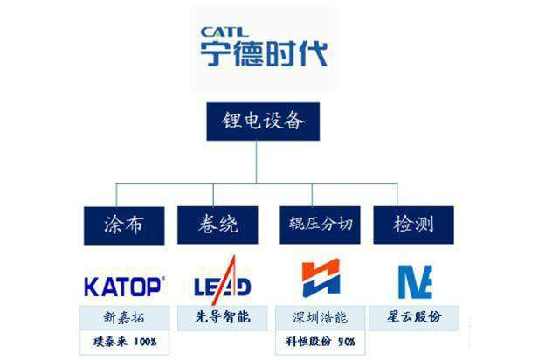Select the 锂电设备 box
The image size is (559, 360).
pos(263,122)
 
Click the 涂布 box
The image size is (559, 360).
pos(123,225)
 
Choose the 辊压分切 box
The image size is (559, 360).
pos(321,225)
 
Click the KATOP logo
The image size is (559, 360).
pos(124,285)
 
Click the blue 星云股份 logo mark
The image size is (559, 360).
pos(415,281)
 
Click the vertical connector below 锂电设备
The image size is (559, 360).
pos(257,162)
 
